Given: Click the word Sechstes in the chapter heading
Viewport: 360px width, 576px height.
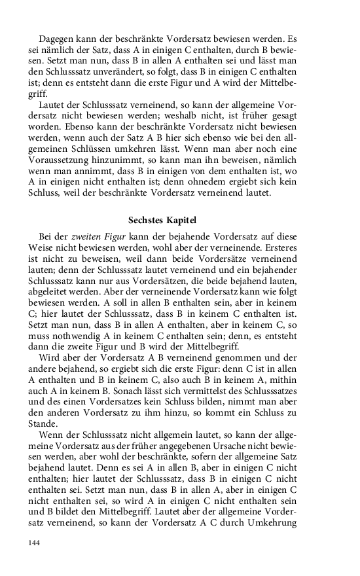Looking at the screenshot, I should point(148,220).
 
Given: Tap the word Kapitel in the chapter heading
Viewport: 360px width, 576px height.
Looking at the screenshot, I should point(181,220).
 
